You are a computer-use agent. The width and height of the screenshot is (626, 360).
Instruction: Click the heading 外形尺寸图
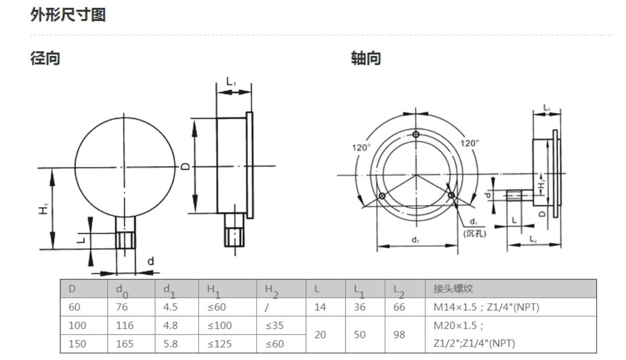coord(68,15)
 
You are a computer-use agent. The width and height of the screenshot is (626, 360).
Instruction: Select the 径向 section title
coord(45,58)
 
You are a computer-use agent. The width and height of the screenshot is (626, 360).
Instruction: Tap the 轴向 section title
coord(366,58)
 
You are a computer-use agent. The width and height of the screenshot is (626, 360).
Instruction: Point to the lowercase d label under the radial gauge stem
coord(151,261)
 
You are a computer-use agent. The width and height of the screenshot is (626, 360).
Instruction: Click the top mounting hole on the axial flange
coord(416,135)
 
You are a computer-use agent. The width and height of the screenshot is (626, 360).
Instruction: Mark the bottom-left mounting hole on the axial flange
coord(382,196)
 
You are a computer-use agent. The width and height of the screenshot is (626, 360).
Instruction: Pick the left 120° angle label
coord(362,147)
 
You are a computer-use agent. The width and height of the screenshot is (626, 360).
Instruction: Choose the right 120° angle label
coord(469,143)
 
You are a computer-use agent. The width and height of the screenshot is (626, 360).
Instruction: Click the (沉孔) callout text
coord(475,233)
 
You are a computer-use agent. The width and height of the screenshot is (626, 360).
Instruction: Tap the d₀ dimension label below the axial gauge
coord(415,240)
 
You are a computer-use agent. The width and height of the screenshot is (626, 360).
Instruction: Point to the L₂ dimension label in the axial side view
coord(533,239)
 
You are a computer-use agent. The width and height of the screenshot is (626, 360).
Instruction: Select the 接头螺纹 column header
coord(453,289)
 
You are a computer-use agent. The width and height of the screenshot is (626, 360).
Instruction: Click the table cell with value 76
coord(122,307)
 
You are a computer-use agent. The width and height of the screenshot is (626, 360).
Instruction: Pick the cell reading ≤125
coord(220,344)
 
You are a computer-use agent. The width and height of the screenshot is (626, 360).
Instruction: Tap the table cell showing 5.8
coord(171,344)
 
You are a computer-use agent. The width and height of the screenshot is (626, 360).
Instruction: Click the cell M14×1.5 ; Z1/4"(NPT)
coord(486,307)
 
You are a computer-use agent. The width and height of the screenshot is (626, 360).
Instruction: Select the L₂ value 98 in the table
coord(399,334)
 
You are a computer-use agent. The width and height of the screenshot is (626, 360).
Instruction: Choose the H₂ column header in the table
coord(272,291)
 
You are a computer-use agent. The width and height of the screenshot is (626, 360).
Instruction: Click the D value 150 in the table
coord(77,344)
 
